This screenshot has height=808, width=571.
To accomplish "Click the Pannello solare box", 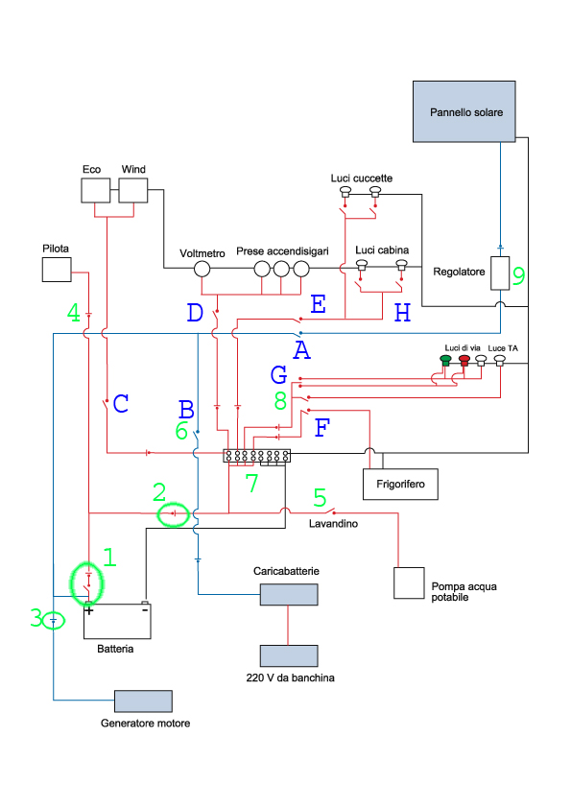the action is pos(464,111).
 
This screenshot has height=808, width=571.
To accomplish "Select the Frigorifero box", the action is pos(400,484).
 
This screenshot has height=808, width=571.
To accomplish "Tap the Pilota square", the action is pos(57,270).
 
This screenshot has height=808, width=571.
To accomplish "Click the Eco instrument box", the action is pos(95,190).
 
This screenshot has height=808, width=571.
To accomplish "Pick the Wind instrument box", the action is pos(133,190).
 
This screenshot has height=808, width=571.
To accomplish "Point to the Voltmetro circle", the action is pos(202,269).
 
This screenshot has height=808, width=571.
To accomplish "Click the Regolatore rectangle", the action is pos(500,273).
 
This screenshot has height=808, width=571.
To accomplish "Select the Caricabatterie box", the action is pos(289,594).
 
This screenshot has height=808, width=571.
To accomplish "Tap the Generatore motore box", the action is pos(143,701).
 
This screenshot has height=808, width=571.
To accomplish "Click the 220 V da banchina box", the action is pos(289,656).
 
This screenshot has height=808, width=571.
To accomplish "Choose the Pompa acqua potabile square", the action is pos(409,582).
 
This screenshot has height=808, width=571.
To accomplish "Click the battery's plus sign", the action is pos(89,610).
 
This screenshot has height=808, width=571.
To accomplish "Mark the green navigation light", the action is pos(446,360).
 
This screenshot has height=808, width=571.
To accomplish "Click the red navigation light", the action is pos(464,360).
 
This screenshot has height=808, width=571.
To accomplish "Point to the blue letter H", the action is pos(402,313).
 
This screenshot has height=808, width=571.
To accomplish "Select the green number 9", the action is pos(518,275).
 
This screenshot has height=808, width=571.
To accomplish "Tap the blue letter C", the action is pos(121,403).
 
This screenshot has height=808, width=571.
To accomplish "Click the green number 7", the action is pos(251,483).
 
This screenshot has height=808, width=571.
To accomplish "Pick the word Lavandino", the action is pos(333,524).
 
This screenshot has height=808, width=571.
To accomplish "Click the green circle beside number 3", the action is pos(54,621).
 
